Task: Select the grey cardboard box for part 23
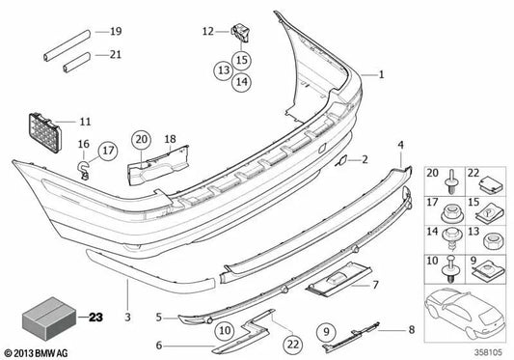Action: pyautogui.click(x=49, y=318)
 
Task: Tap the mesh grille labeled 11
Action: pyautogui.click(x=45, y=133)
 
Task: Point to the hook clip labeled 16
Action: pyautogui.click(x=83, y=170)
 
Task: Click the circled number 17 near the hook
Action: pyautogui.click(x=108, y=151)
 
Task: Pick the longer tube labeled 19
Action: pyautogui.click(x=67, y=45)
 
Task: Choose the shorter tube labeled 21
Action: pyautogui.click(x=77, y=63)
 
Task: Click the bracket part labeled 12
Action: pyautogui.click(x=241, y=32)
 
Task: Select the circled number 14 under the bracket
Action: pyautogui.click(x=242, y=82)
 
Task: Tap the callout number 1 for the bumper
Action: pyautogui.click(x=381, y=74)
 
